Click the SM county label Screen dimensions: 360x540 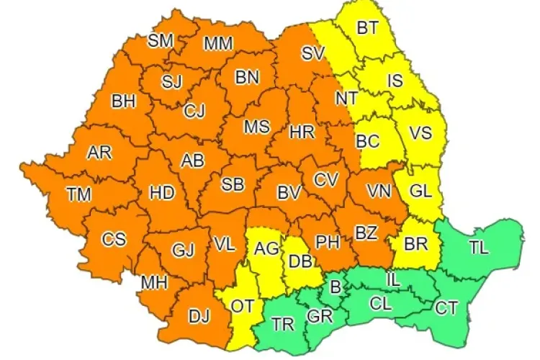[161, 41]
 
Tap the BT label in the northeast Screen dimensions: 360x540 [368, 29]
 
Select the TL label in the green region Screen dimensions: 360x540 [478, 248]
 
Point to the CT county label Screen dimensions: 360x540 [446, 309]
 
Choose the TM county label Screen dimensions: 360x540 [78, 193]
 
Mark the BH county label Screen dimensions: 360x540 [123, 102]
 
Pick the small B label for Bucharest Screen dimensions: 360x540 [333, 288]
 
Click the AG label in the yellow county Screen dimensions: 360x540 [267, 248]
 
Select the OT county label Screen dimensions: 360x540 [242, 306]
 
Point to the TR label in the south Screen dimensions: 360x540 [283, 325]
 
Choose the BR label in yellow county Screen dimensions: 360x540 [415, 245]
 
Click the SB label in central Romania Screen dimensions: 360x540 [232, 184]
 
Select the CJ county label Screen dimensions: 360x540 [194, 111]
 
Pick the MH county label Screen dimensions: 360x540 [154, 282]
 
